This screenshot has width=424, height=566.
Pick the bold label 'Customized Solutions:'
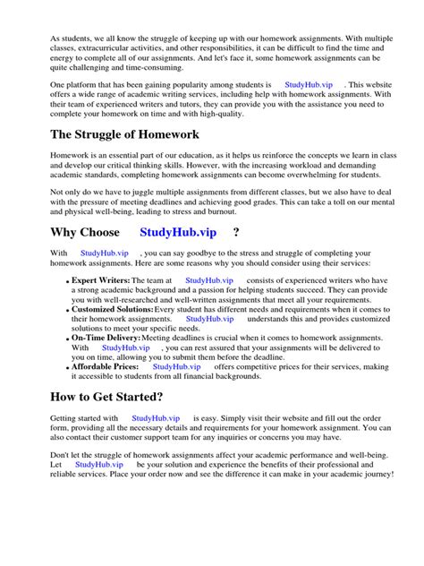[x=112, y=309]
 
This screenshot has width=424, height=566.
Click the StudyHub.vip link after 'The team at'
[x=208, y=280]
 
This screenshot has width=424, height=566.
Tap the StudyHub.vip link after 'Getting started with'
[x=155, y=418]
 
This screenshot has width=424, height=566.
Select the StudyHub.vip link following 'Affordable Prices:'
[x=176, y=366]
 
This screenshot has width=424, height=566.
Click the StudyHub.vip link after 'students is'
[x=310, y=84]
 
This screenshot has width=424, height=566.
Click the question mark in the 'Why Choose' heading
[x=235, y=233]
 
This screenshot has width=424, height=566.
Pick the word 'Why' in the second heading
[x=65, y=233]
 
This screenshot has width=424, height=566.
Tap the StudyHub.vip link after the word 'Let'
[x=98, y=465]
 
